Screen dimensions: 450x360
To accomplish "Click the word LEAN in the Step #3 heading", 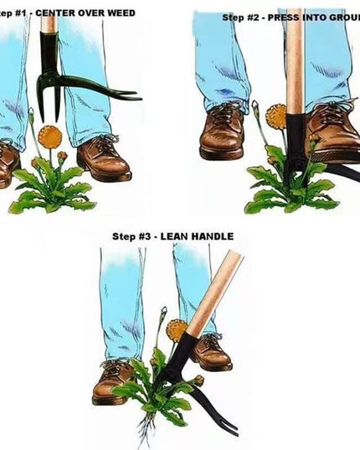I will (x=169, y=236).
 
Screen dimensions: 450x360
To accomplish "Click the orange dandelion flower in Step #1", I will (x=50, y=135).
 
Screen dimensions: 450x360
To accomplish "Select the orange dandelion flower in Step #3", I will (x=177, y=329).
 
